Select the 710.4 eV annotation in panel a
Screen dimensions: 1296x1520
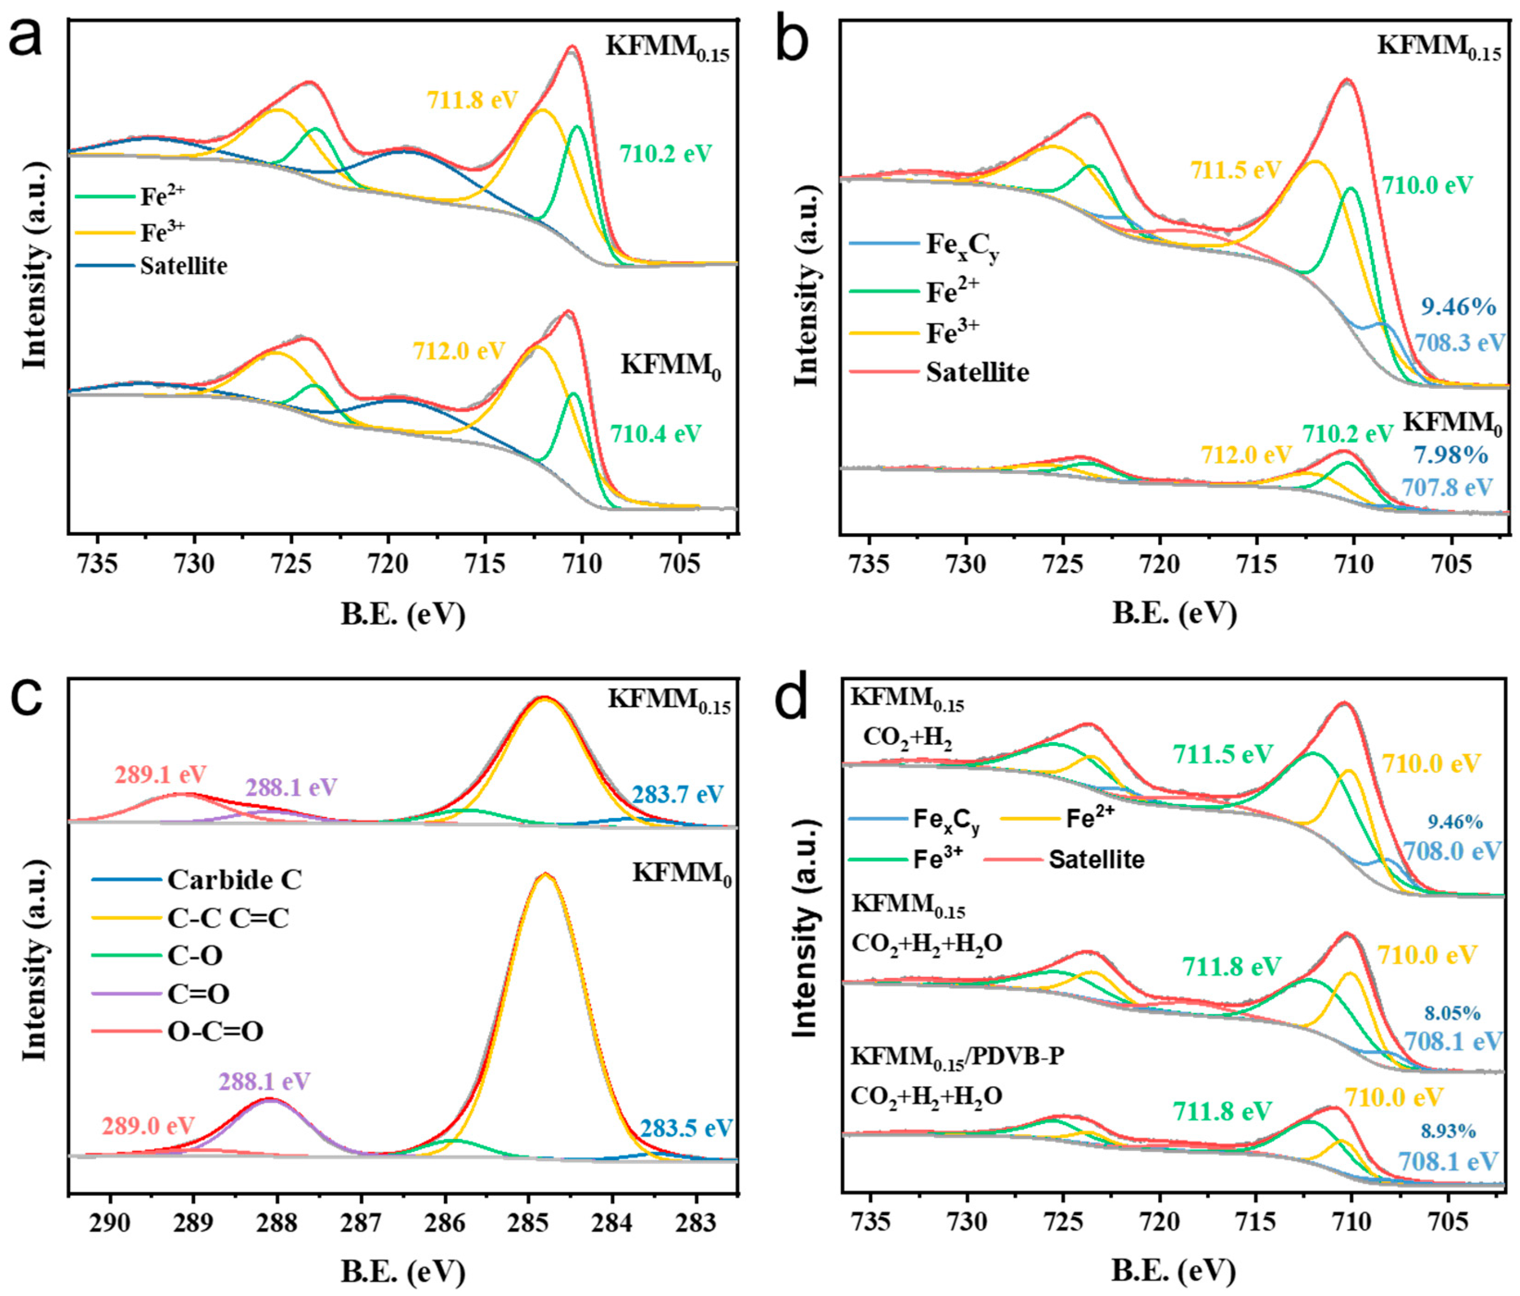[x=656, y=434]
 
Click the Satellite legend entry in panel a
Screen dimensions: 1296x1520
[x=183, y=265]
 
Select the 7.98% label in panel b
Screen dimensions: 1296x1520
[x=1450, y=455]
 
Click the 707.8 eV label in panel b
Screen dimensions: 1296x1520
[x=1446, y=487]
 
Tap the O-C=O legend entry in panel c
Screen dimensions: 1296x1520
[x=215, y=1031]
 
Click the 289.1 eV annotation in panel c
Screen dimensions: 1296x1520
[x=161, y=774]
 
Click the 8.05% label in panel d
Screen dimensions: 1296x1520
[x=1452, y=1013]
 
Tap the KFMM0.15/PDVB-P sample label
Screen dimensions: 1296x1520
[x=958, y=1057]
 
